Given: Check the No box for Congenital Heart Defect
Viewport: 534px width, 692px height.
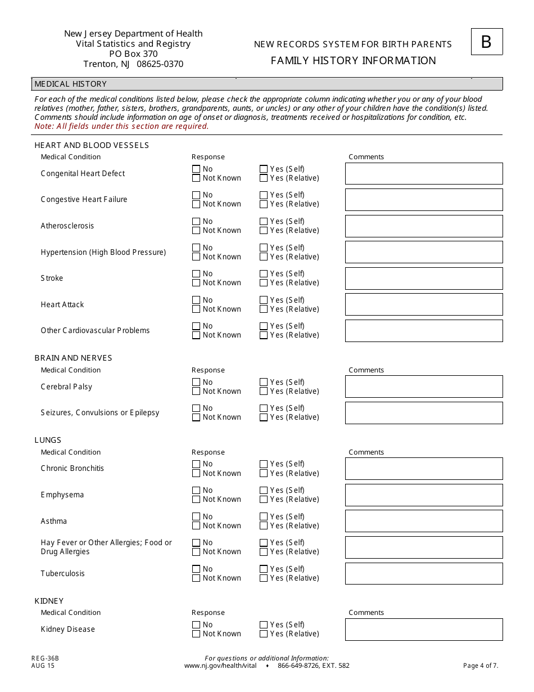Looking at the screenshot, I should click(x=196, y=169).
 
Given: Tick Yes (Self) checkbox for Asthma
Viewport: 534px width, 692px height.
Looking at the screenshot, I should click(x=264, y=516).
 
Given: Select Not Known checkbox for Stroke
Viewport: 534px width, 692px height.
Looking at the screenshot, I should click(x=196, y=283).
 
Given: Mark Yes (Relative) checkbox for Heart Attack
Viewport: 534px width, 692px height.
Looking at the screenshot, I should click(x=264, y=309).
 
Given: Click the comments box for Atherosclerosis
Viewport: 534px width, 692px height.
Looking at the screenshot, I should click(x=423, y=226).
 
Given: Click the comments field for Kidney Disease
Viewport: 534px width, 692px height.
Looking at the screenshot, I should click(x=423, y=630).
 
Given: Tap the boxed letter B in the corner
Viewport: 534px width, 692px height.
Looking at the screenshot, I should click(x=486, y=42).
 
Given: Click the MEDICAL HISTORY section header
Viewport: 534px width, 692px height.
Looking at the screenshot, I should click(x=71, y=84).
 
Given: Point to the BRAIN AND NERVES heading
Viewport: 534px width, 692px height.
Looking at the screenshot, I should click(x=73, y=358).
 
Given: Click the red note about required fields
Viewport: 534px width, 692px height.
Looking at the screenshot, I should click(x=121, y=126).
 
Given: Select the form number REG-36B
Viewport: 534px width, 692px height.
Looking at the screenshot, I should click(x=45, y=658).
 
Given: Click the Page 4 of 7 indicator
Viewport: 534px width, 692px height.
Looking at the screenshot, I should click(x=481, y=666).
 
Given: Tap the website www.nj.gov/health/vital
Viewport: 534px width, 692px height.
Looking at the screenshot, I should click(x=220, y=666).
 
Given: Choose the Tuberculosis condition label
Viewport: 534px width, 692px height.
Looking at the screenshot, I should click(x=62, y=573).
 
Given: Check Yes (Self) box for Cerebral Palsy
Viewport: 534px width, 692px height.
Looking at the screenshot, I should click(x=264, y=382).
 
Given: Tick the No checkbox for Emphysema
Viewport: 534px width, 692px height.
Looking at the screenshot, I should click(x=196, y=491).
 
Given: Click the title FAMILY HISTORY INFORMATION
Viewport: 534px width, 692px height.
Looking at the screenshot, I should click(x=353, y=61).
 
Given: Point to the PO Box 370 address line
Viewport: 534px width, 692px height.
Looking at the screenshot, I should click(x=133, y=54).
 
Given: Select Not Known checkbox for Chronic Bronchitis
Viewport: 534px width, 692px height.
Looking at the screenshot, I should click(x=196, y=474).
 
